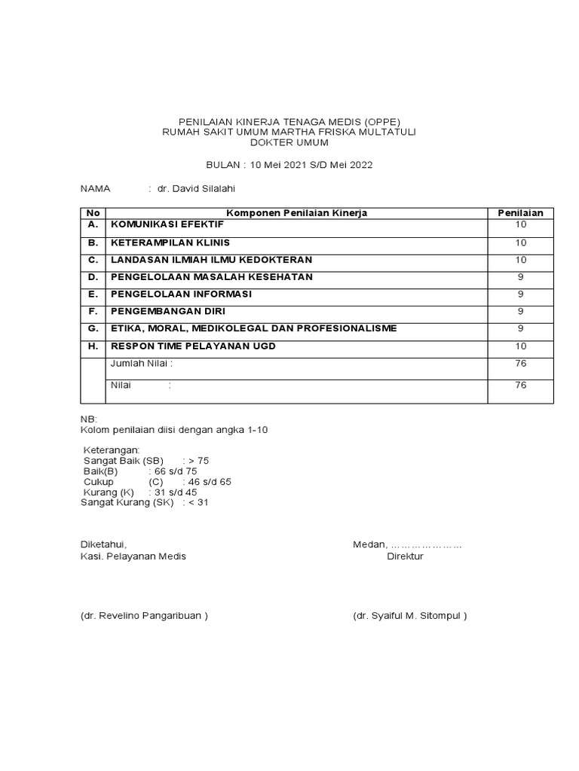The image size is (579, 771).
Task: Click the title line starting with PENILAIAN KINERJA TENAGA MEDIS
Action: coord(289,121)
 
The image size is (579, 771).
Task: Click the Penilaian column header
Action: coord(520,213)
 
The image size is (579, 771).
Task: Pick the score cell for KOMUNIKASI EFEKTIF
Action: coord(520,225)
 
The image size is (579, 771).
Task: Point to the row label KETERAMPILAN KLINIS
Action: coord(170,242)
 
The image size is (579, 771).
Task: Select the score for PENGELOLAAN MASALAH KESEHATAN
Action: coord(520,277)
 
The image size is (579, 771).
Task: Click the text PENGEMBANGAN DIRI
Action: coord(167,311)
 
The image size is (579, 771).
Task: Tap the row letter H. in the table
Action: coord(93,346)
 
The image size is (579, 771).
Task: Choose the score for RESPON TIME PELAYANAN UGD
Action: coord(520,346)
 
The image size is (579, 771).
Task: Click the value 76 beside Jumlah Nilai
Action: coord(520,364)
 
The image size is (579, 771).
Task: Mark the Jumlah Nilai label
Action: coord(142,364)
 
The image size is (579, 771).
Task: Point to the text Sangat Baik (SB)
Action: coord(123,460)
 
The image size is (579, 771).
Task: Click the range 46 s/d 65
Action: coord(210,481)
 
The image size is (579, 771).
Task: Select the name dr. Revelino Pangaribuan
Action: coord(144,615)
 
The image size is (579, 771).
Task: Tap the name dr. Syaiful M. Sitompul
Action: coord(410,615)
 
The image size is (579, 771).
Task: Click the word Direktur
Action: coord(405,556)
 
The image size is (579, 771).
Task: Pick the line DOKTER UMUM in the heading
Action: coord(289,142)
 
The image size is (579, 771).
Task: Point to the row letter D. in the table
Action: coord(93,277)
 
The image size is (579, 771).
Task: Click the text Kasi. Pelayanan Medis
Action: coord(133,556)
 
